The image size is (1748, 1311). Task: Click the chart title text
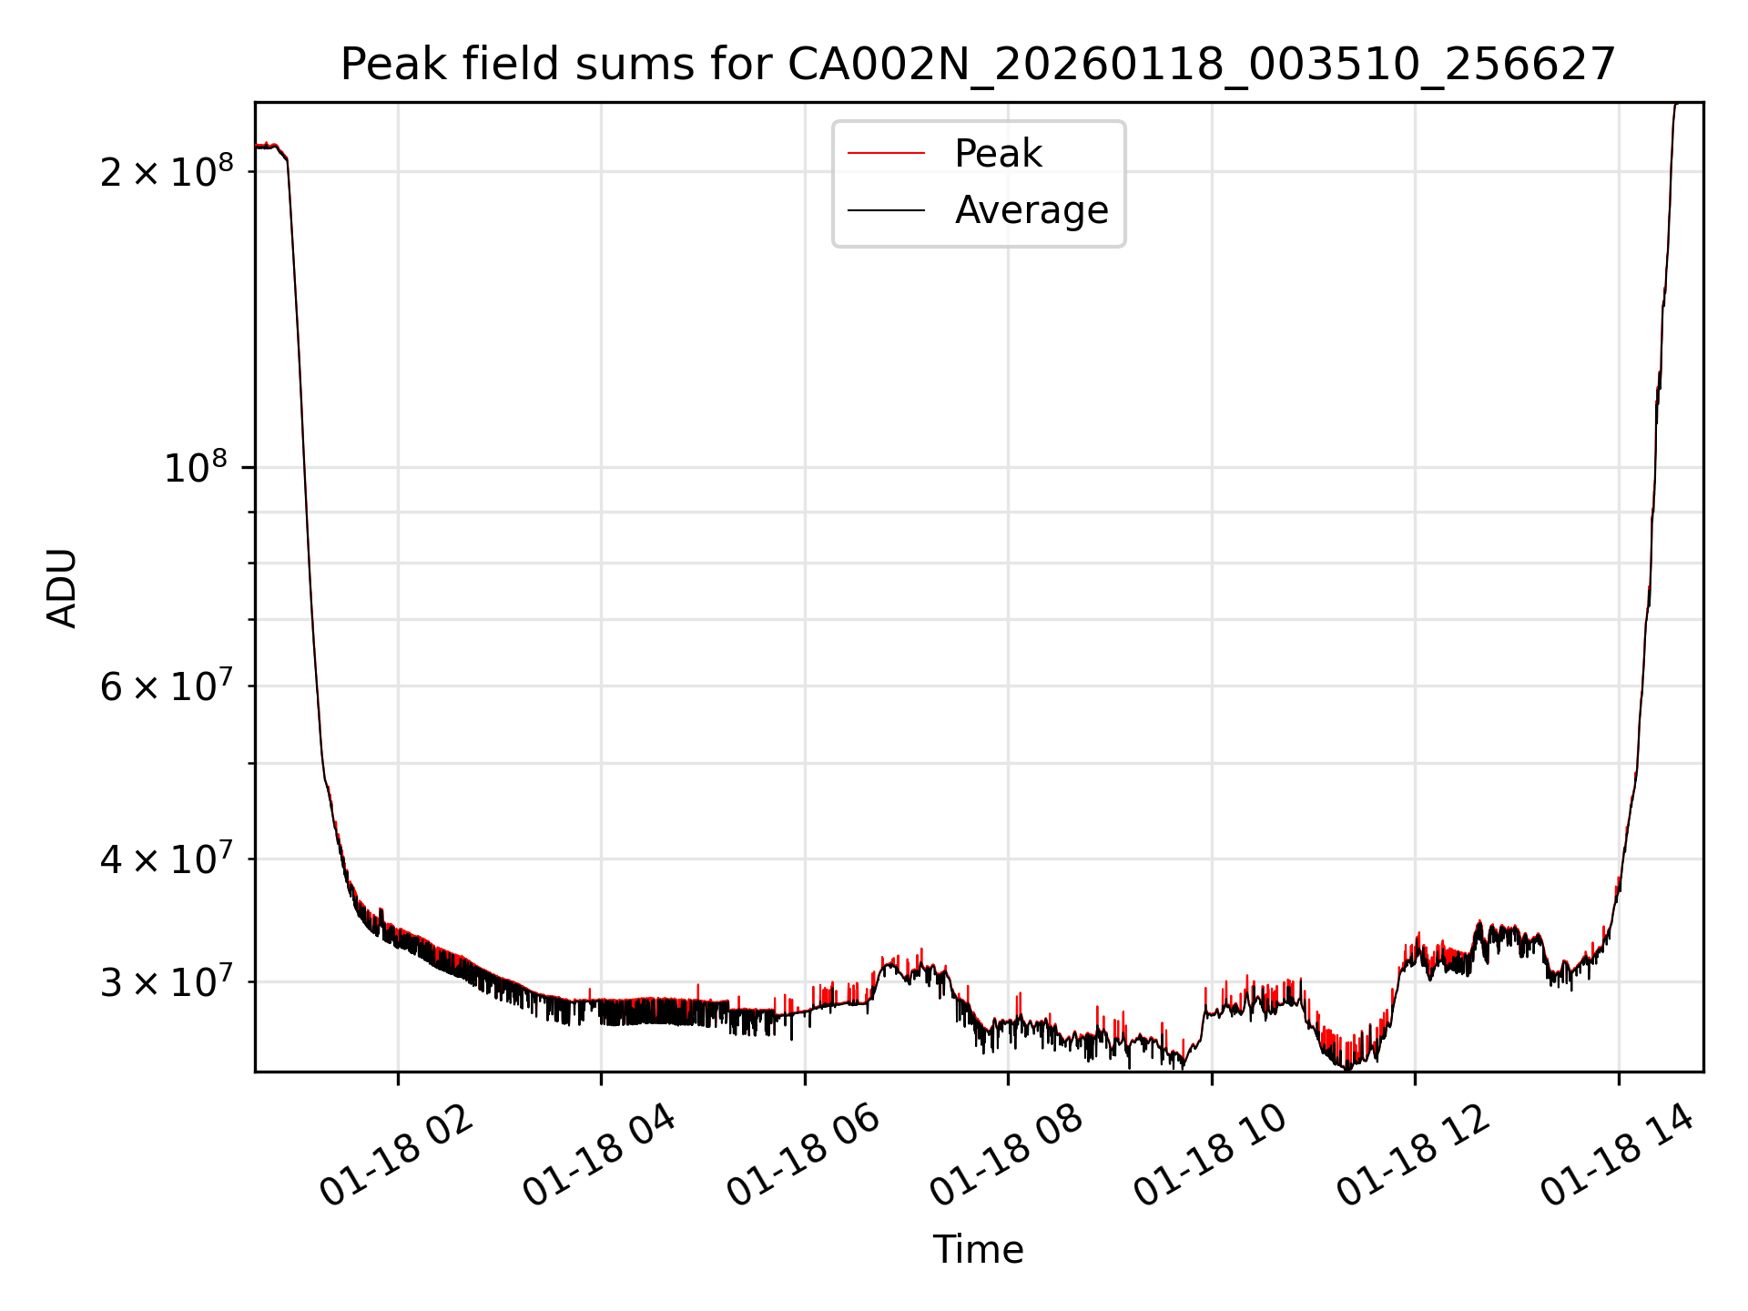pyautogui.click(x=978, y=65)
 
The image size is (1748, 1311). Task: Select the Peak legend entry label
pyautogui.click(x=998, y=154)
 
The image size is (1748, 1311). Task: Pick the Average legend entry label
pyautogui.click(x=1032, y=210)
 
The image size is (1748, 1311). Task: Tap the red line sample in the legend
pyautogui.click(x=886, y=154)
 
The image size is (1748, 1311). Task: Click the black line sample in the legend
pyautogui.click(x=886, y=210)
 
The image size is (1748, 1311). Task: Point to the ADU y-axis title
pyautogui.click(x=63, y=587)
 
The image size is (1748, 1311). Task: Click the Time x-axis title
pyautogui.click(x=978, y=1249)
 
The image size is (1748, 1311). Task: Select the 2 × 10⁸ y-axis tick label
pyautogui.click(x=167, y=171)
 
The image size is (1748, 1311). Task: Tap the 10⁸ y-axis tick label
pyautogui.click(x=196, y=468)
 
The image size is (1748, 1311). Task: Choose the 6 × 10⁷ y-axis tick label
pyautogui.click(x=167, y=686)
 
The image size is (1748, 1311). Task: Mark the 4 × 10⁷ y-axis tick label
pyautogui.click(x=167, y=859)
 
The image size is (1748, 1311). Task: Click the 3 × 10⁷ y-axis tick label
pyautogui.click(x=167, y=982)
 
